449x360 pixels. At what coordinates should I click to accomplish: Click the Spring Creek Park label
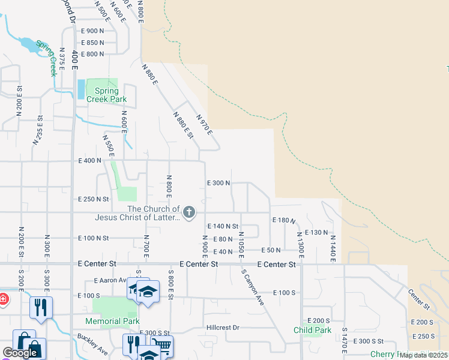coord(106,95)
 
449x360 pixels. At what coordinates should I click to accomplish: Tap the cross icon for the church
coord(189,212)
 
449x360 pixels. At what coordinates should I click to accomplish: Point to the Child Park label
coord(312,330)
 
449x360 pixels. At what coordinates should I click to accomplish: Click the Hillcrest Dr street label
coord(223,328)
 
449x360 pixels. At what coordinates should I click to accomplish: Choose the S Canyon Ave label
coord(253,287)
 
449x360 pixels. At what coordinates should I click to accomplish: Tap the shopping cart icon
coord(161,345)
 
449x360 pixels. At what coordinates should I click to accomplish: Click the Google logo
coord(20,353)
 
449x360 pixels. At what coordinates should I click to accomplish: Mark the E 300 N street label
coord(218,183)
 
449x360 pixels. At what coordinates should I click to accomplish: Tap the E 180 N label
coord(284,221)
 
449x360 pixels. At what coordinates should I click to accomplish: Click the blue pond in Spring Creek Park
coord(81,89)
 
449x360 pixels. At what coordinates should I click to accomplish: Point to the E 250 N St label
coord(94,199)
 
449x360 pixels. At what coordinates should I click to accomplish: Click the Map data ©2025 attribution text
coord(424,355)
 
